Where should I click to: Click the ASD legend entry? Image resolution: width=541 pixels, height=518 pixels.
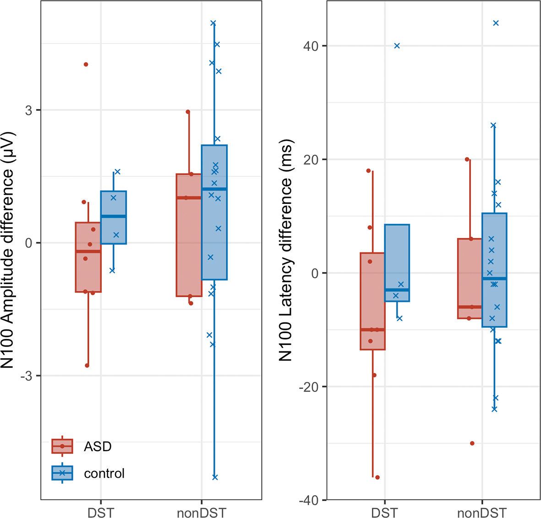pos(98,446)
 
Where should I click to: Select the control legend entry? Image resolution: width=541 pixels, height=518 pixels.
pos(104,473)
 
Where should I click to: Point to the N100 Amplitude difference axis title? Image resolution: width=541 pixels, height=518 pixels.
pos(9,250)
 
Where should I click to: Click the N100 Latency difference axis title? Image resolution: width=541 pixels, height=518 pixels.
pos(286,250)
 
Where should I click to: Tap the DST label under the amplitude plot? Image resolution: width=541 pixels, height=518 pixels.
pos(100,512)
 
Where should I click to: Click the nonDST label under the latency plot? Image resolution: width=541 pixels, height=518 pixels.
pos(482,512)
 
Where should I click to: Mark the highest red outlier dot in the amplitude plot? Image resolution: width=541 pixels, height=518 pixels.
pos(86,65)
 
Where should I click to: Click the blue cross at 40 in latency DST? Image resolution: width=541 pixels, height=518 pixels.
pos(397,46)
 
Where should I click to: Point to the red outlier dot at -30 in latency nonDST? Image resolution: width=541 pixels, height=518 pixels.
pos(472,443)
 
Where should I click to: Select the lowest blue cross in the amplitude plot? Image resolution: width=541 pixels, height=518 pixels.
pos(215,477)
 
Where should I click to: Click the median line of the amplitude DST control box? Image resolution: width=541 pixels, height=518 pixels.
pos(114,216)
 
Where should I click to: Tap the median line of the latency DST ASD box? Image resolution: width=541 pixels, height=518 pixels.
pos(372,330)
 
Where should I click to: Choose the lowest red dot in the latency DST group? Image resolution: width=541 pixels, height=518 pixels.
pos(377,477)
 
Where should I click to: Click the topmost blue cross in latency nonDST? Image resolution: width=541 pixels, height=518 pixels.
pos(496,23)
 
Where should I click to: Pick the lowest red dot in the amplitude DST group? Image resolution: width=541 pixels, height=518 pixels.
pos(87,365)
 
